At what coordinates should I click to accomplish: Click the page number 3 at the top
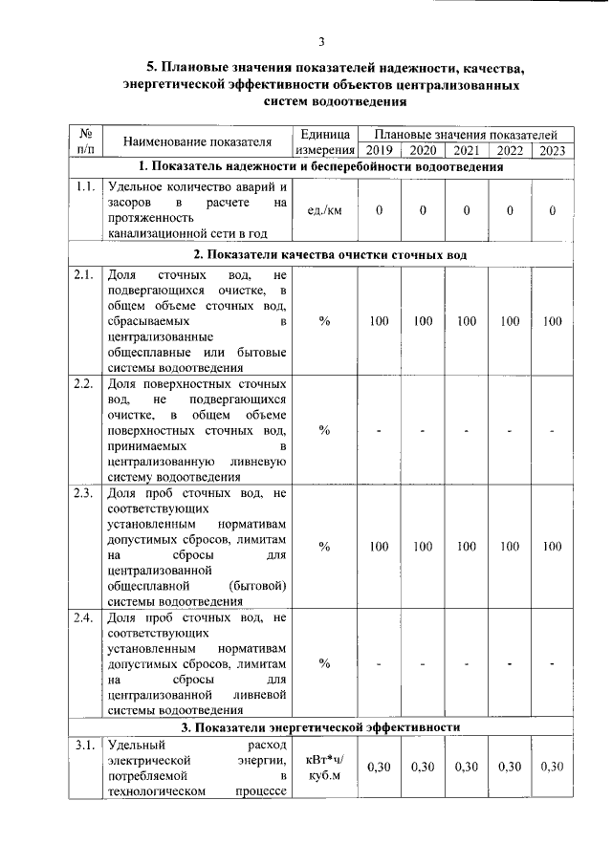point(322,40)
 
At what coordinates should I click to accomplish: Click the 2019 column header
point(379,150)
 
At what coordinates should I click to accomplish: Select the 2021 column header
point(466,150)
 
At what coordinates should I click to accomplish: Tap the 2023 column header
point(552,150)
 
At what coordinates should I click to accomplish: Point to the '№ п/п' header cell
point(84,142)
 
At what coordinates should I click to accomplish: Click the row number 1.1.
point(85,186)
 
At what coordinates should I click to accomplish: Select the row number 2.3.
point(85,493)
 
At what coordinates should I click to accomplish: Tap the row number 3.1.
point(85,745)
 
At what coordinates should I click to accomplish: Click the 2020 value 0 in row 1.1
point(422,209)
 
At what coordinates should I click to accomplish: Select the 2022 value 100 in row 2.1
point(510,321)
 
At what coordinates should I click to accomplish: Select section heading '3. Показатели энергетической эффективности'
point(321,726)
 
